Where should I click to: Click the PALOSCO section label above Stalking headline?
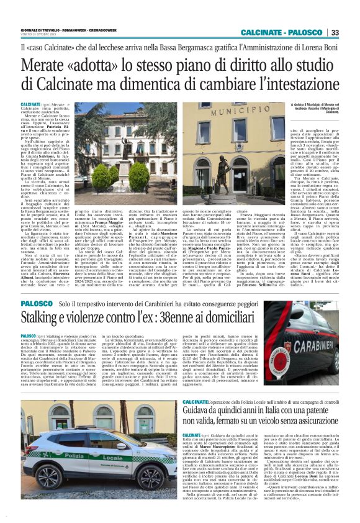click(x=36, y=303)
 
